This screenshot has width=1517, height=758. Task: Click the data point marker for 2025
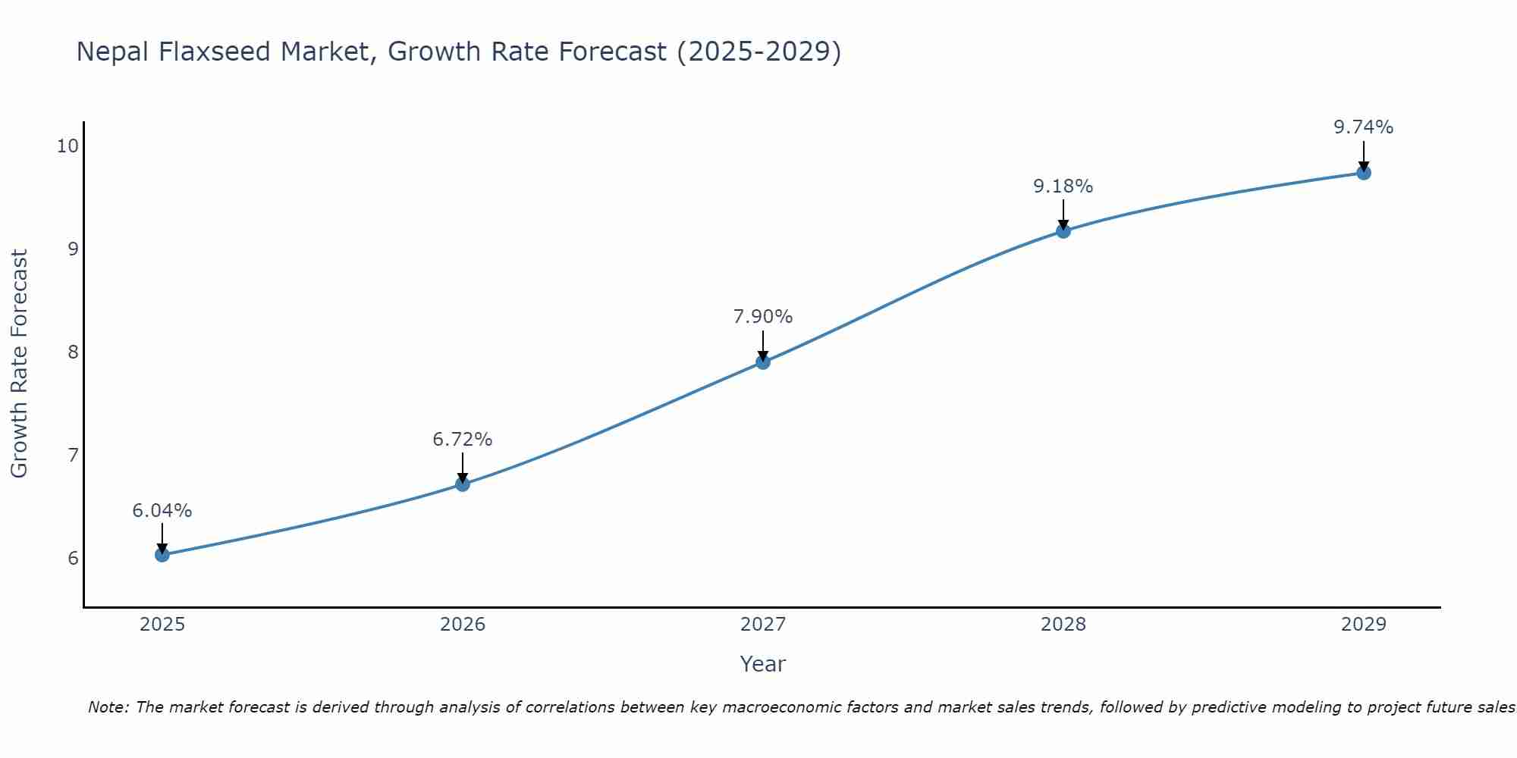click(x=162, y=555)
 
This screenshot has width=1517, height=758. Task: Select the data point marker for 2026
click(x=463, y=484)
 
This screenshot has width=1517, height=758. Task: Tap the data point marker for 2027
click(x=763, y=362)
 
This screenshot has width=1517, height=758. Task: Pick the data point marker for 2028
click(x=1063, y=231)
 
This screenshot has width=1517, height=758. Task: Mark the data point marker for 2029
click(x=1363, y=173)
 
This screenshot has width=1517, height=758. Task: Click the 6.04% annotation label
click(x=162, y=511)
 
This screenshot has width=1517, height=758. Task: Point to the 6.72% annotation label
click(x=463, y=440)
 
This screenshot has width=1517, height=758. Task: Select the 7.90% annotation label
click(x=763, y=317)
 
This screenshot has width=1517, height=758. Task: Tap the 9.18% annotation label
click(x=1063, y=186)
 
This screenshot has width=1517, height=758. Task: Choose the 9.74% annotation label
click(x=1363, y=127)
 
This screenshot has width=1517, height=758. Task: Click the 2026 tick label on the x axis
click(x=463, y=625)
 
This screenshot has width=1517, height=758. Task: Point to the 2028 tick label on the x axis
click(x=1063, y=625)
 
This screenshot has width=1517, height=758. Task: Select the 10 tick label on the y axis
click(x=68, y=146)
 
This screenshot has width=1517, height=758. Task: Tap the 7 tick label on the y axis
click(x=73, y=456)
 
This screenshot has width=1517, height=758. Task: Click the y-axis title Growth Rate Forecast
click(x=20, y=364)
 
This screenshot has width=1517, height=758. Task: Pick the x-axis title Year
click(x=763, y=664)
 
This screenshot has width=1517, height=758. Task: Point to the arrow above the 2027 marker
click(x=763, y=345)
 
